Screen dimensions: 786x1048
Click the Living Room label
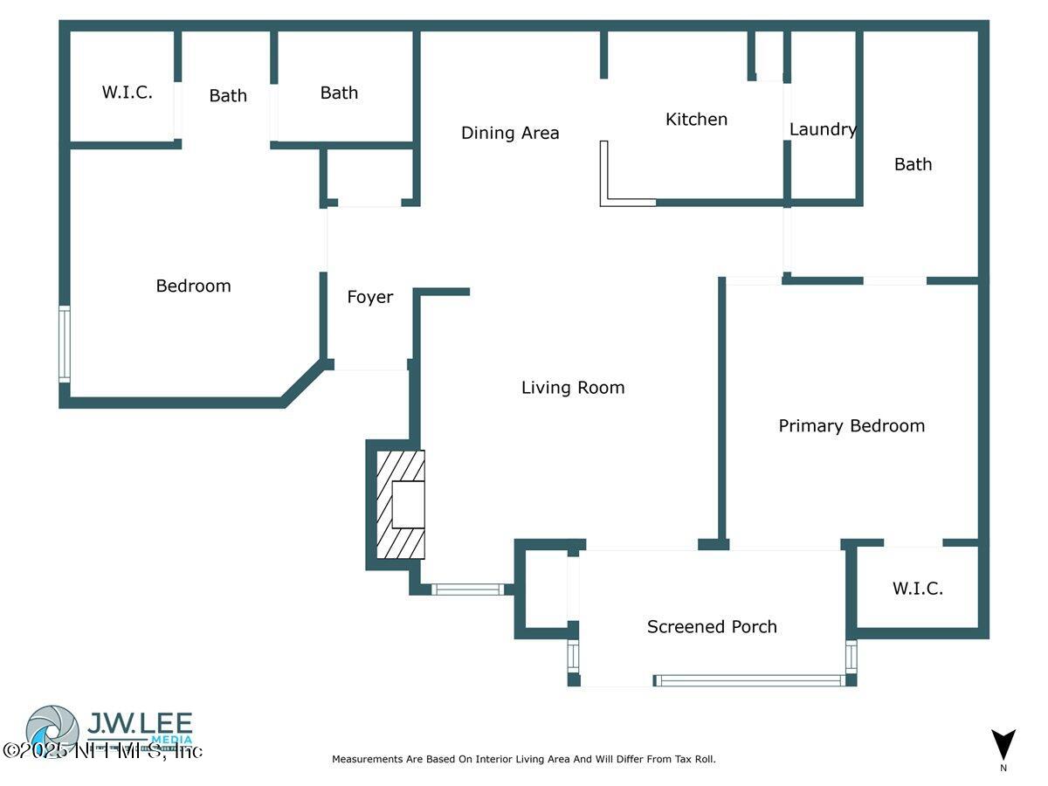[573, 388]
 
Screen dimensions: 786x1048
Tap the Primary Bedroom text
[851, 425]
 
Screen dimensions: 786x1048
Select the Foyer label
[370, 297]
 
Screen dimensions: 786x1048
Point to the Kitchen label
[696, 120]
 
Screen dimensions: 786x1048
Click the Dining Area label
[510, 133]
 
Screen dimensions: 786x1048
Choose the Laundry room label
[823, 129]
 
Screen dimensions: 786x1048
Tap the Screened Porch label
[712, 626]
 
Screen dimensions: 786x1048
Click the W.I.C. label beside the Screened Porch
[918, 589]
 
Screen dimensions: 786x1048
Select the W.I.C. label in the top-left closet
[128, 93]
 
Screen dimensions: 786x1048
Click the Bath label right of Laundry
[913, 164]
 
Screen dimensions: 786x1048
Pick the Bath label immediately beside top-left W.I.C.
[228, 96]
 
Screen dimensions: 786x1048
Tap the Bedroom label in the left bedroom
[193, 286]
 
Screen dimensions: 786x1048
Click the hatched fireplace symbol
[400, 505]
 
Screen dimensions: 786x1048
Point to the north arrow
[1003, 745]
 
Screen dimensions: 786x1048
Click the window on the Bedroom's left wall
[64, 343]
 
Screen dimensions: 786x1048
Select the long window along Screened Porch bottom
[748, 680]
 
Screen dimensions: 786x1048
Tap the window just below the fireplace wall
[468, 589]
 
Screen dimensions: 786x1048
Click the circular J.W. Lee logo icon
[52, 731]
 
